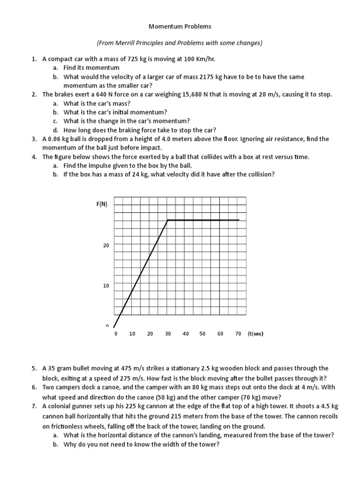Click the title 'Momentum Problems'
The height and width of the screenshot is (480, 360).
180,27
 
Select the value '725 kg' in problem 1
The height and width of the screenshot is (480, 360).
138,60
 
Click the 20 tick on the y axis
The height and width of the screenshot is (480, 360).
106,245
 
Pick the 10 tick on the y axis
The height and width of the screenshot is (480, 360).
106,285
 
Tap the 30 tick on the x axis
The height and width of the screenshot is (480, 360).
168,334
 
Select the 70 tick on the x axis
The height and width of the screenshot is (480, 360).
238,334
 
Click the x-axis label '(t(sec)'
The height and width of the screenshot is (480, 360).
255,334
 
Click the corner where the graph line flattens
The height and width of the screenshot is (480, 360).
168,220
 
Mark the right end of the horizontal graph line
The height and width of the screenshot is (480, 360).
239,220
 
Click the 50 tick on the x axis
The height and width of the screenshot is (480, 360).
202,334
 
